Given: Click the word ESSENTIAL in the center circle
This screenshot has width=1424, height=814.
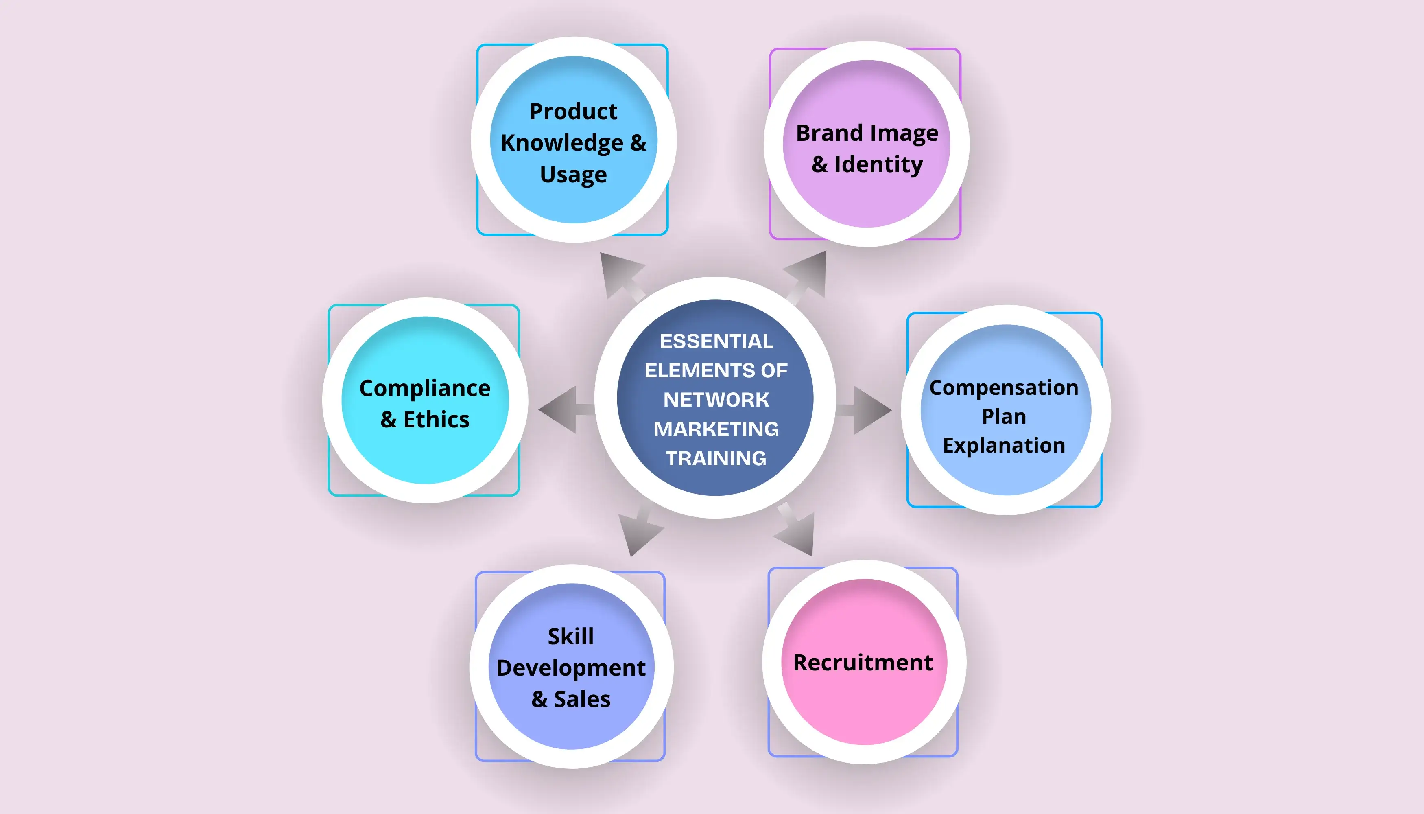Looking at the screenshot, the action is [x=716, y=341].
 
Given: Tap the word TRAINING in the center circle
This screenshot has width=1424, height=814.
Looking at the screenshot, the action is [x=716, y=458].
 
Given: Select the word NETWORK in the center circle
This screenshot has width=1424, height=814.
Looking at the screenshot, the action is [x=716, y=400].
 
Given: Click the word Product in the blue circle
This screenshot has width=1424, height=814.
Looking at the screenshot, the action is [x=573, y=111].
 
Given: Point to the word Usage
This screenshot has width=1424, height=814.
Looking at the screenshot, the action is [x=573, y=175].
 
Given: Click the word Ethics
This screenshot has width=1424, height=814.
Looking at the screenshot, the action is [x=437, y=419].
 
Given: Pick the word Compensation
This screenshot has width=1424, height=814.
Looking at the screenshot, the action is [x=1004, y=388].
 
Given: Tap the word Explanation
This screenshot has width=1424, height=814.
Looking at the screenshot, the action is [x=1004, y=446].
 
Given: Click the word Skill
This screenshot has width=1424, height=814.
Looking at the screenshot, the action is [x=570, y=636].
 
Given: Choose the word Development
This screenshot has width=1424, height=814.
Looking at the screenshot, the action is [x=570, y=668].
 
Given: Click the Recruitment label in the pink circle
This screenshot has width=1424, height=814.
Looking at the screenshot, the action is [x=863, y=663].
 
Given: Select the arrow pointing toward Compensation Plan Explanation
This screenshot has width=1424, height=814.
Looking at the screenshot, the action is [x=863, y=410].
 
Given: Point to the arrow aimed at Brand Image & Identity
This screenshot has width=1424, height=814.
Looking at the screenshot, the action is [x=805, y=276].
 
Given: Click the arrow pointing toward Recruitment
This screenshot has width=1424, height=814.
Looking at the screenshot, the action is [x=795, y=530].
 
